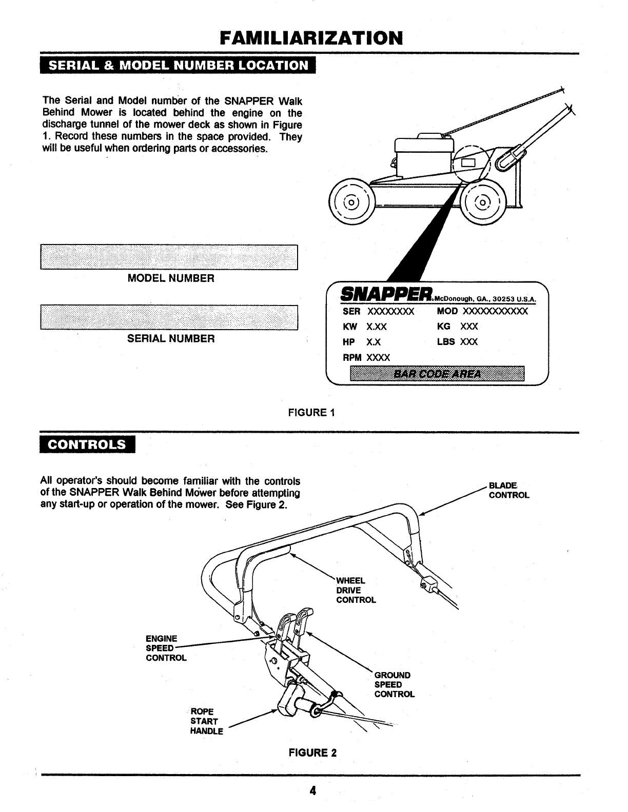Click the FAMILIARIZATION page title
(311, 37)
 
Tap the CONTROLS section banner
(87, 444)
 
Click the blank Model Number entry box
(169, 257)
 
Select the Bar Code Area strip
(437, 374)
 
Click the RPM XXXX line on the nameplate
(366, 357)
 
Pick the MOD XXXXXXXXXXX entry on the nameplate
(482, 312)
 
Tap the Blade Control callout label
(508, 490)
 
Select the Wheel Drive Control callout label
(356, 590)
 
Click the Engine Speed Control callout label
(166, 648)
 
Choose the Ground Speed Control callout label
(394, 684)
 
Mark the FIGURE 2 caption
(312, 753)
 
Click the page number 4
(312, 790)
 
